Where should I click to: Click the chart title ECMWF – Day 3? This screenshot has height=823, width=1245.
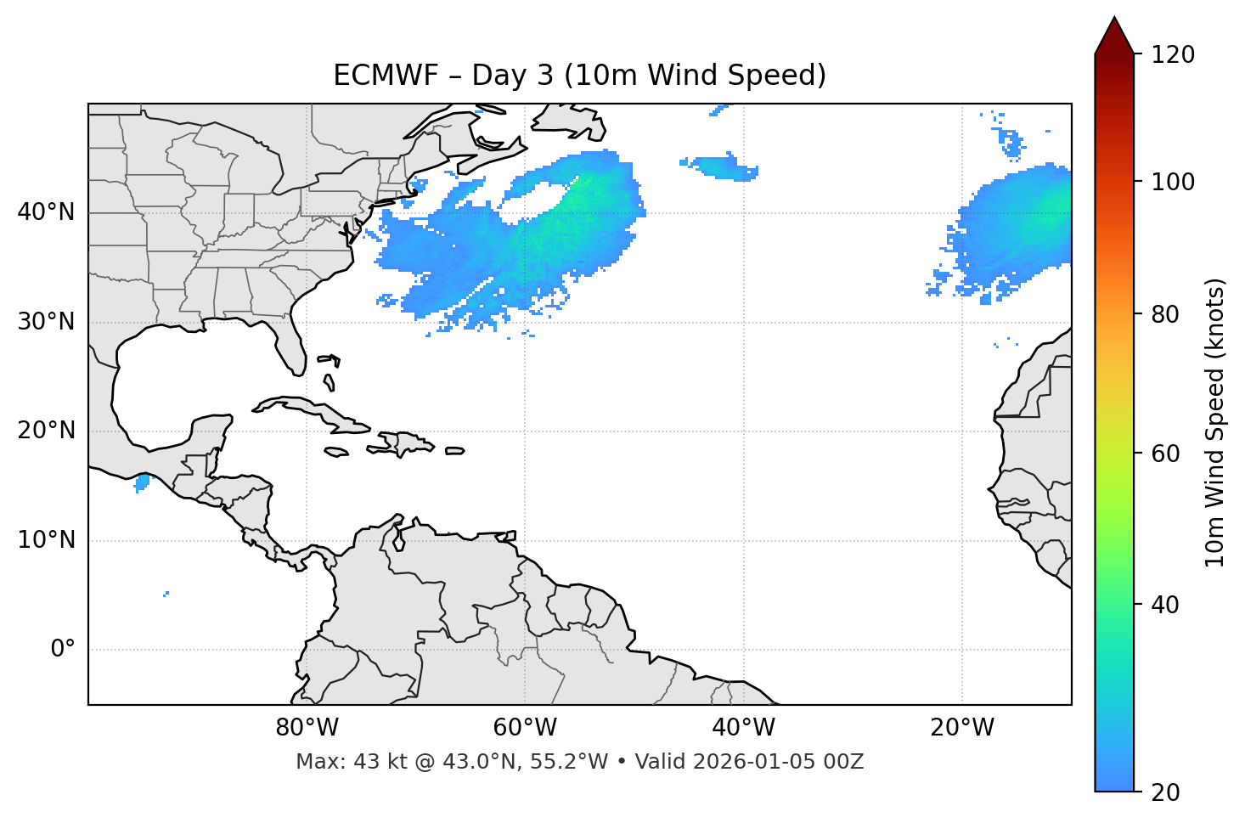(579, 76)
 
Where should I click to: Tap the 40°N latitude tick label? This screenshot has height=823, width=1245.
(46, 212)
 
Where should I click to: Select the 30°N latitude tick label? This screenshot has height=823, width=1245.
(46, 322)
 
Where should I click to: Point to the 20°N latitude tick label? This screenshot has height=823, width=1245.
(46, 431)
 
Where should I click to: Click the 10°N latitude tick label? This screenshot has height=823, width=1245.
(46, 540)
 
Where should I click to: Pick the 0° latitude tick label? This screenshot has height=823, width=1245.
(62, 650)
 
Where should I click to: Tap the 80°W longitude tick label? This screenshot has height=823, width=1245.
(307, 728)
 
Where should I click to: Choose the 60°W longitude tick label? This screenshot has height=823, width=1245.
(525, 728)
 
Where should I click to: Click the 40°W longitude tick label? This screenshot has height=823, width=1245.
(743, 728)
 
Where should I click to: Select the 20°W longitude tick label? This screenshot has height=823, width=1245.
(961, 728)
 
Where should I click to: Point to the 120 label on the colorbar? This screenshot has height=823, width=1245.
(1173, 55)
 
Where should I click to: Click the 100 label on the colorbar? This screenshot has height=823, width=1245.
(1173, 182)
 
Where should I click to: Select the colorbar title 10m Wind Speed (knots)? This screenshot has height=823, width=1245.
(1215, 422)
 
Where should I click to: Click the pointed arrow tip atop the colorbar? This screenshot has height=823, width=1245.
(1114, 20)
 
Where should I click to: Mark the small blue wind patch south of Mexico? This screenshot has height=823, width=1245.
(142, 482)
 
